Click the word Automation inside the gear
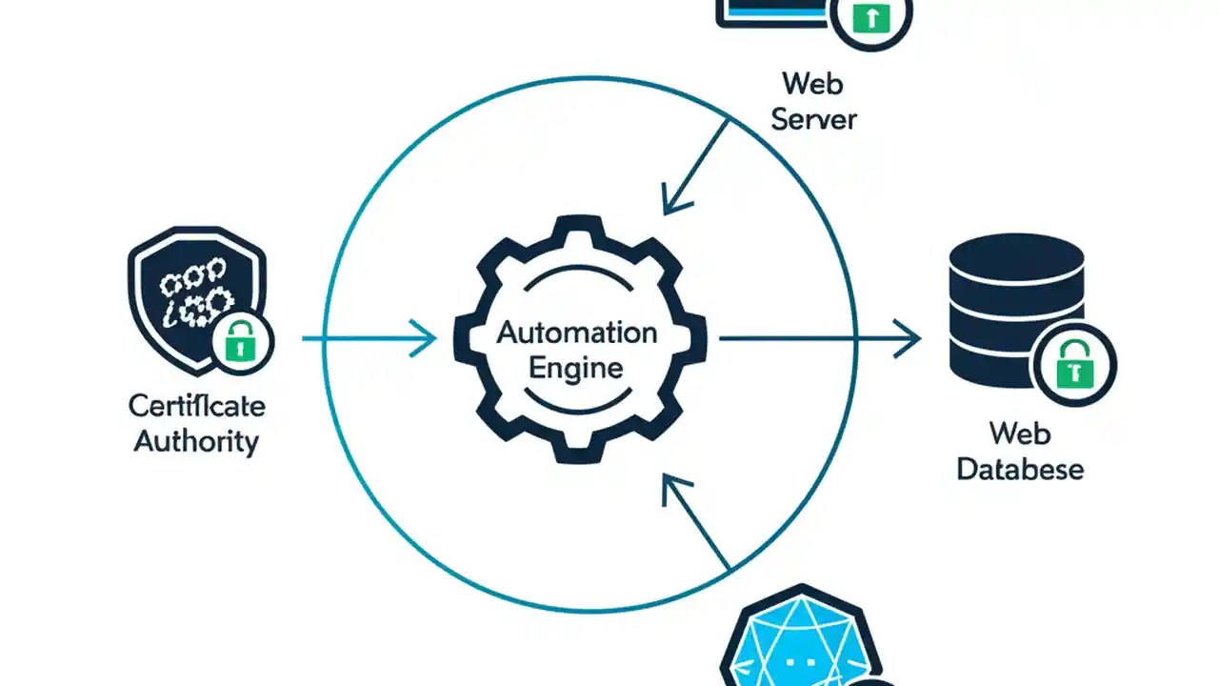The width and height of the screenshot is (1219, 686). point(577,333)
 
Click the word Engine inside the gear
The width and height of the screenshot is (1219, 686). point(576,368)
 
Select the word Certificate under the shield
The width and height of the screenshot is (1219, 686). point(196,406)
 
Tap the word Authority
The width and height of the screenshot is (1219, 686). point(196,442)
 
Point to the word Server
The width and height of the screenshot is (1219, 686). point(813,119)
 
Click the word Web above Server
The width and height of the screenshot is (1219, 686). point(813,84)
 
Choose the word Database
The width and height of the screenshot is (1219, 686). point(1020,470)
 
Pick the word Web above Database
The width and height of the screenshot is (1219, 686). point(1020,434)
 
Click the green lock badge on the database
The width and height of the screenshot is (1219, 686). point(1075,366)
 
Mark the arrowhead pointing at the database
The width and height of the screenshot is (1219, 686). point(909,338)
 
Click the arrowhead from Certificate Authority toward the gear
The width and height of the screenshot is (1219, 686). point(425,338)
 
